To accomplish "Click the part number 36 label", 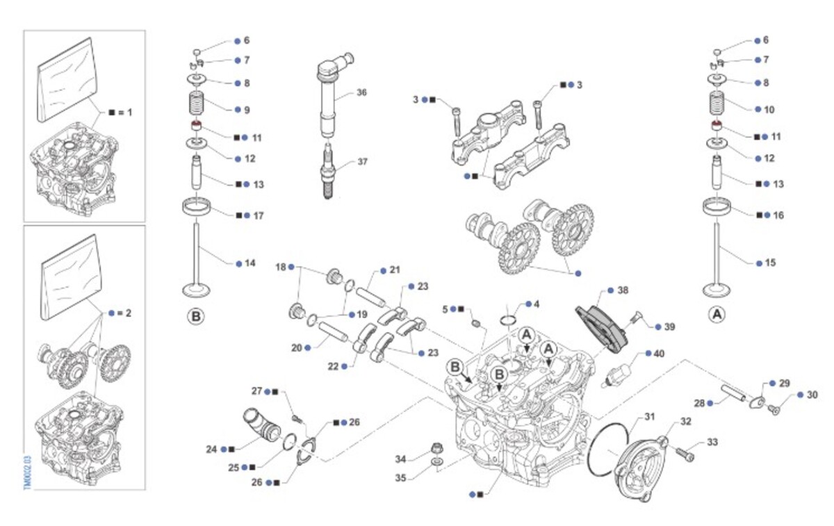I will (361, 92).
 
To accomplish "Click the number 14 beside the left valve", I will (250, 263).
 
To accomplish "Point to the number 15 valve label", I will (770, 263).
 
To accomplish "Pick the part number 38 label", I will (623, 289).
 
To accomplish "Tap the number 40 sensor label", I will (659, 353).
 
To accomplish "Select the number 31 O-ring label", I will (650, 417).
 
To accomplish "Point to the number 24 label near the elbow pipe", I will (212, 449).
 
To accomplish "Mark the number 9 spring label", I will (247, 110).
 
